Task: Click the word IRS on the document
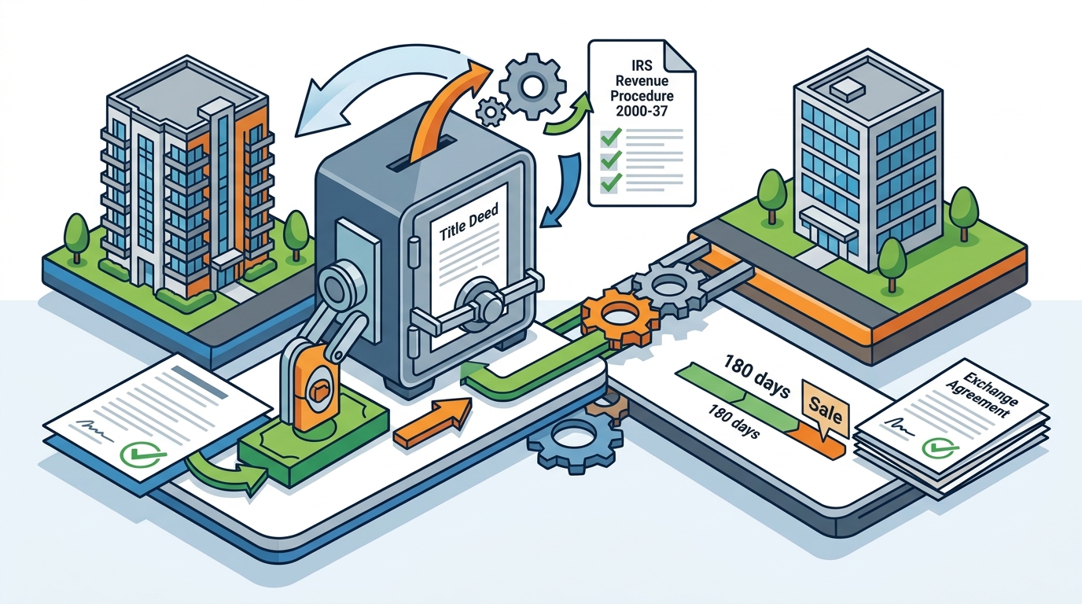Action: point(642,64)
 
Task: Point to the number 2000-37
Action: point(642,111)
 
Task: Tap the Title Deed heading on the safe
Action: point(468,225)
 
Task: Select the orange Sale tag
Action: point(825,409)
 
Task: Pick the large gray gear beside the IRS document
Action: point(532,86)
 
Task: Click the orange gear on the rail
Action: point(620,316)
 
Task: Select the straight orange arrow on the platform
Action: point(432,423)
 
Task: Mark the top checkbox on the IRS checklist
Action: point(610,138)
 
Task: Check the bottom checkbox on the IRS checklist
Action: point(610,183)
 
